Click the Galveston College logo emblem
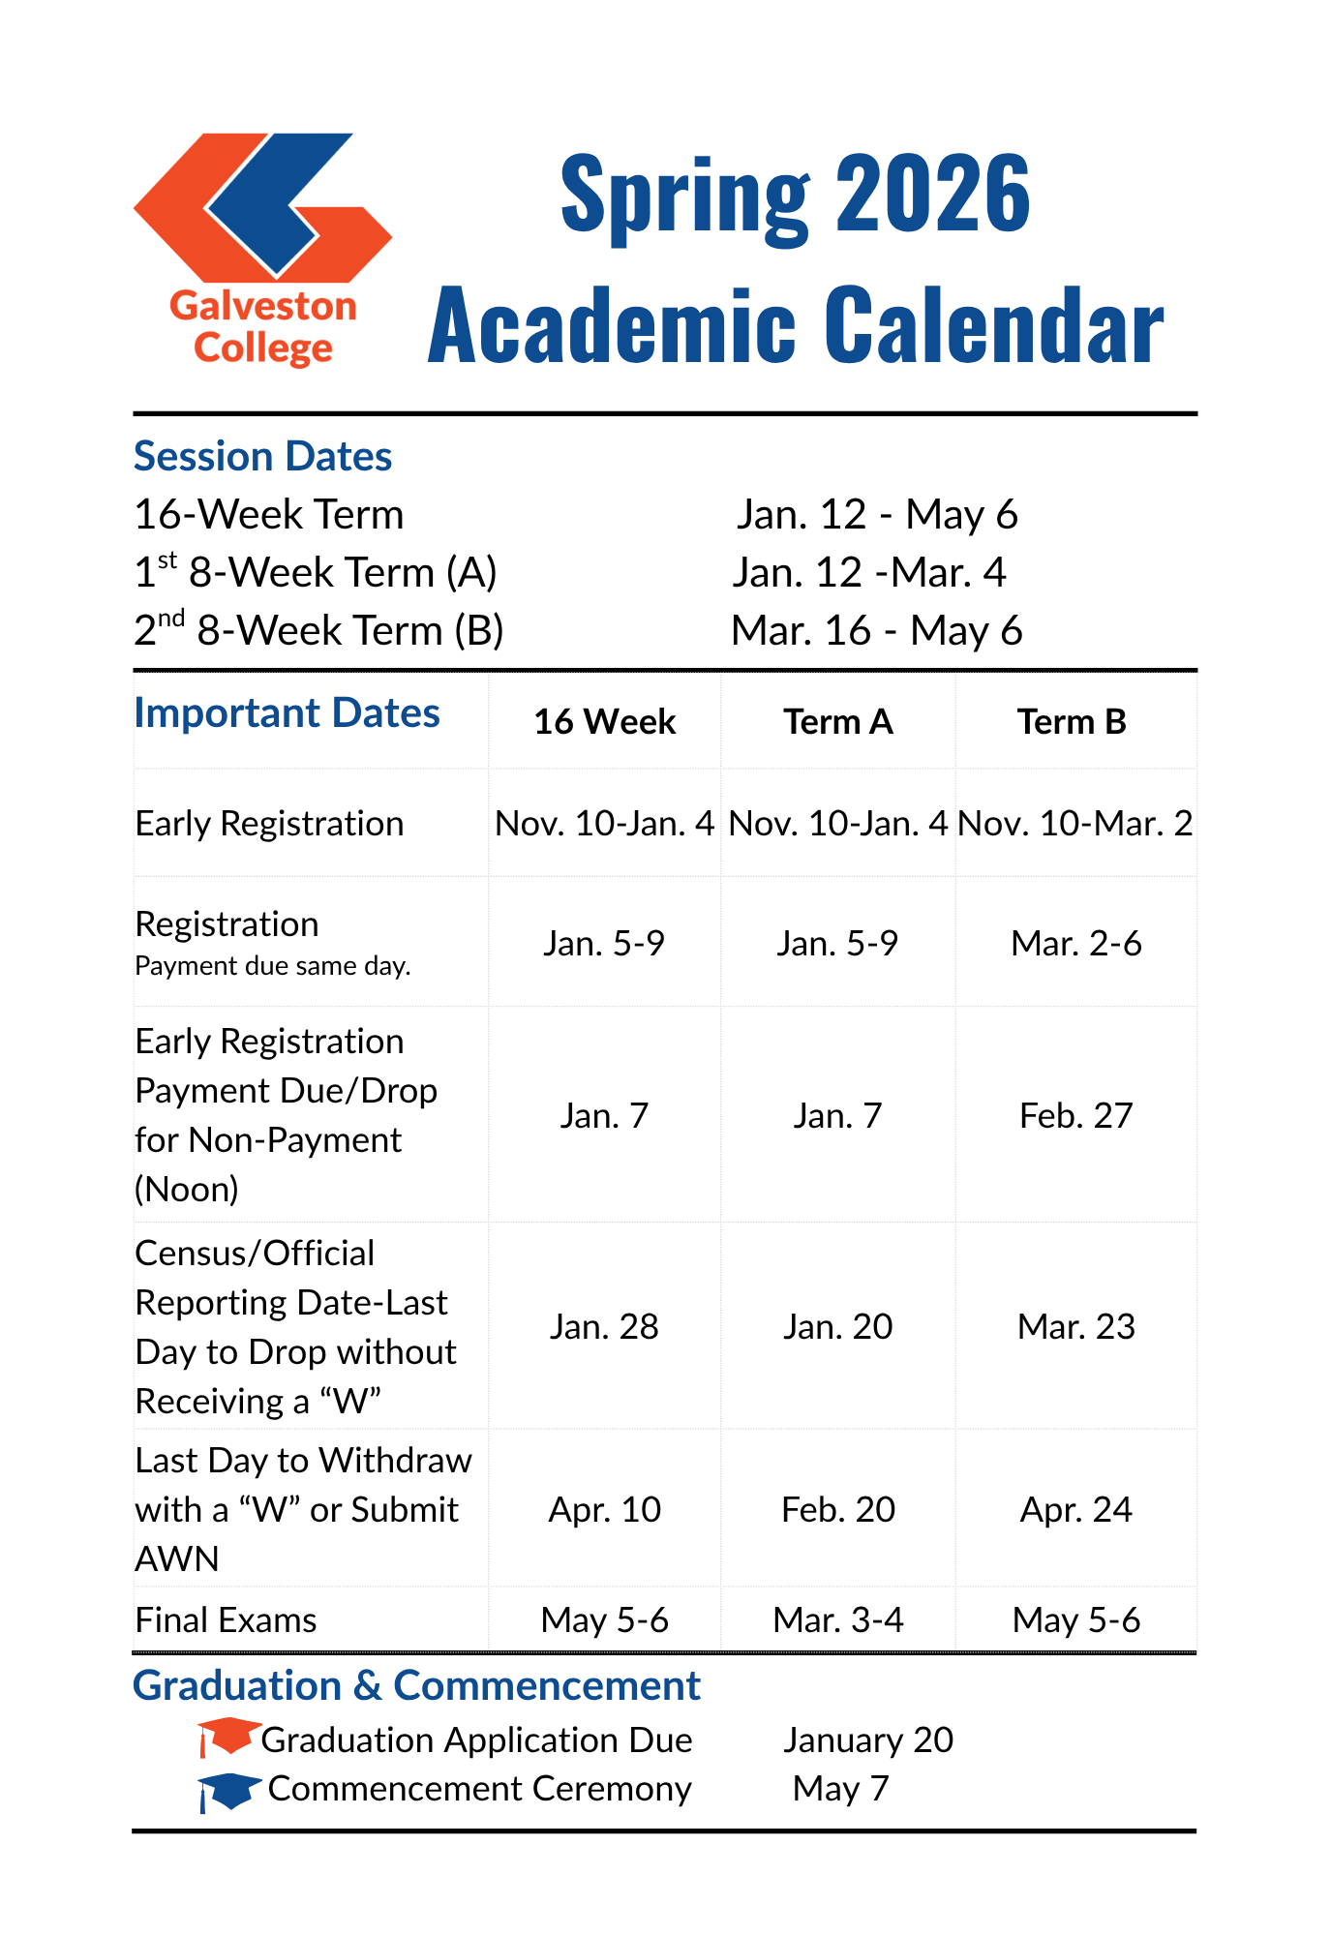click(262, 205)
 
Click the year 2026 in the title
click(933, 195)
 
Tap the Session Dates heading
click(262, 456)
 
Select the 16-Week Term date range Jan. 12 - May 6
click(877, 514)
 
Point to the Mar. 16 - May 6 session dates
click(877, 630)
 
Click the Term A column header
click(838, 722)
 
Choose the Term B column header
click(1072, 722)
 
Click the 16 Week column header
click(605, 722)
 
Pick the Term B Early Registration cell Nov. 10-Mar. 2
click(1075, 824)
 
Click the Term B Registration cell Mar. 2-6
click(1075, 943)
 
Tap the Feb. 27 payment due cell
click(1075, 1115)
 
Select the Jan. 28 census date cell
click(605, 1326)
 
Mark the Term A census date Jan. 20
click(838, 1326)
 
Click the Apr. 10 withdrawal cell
click(605, 1509)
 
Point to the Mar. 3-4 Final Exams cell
click(838, 1619)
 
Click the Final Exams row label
click(227, 1619)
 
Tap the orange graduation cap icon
click(228, 1737)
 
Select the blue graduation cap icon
click(228, 1791)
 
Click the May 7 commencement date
click(840, 1789)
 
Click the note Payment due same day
click(273, 966)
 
